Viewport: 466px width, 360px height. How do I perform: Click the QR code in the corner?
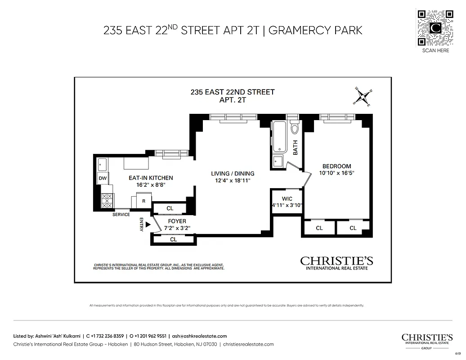click(x=435, y=27)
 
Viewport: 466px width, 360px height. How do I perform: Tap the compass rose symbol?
click(x=362, y=97)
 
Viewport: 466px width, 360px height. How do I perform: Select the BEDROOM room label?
click(x=336, y=166)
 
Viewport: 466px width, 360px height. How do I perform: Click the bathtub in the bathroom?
click(x=279, y=137)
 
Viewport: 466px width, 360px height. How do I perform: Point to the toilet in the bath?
click(x=295, y=128)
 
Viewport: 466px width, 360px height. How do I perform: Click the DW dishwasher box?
click(x=103, y=179)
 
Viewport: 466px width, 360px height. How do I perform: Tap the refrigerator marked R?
click(x=142, y=201)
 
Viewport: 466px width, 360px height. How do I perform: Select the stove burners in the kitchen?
click(x=107, y=201)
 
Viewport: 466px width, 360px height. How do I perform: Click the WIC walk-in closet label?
click(x=287, y=198)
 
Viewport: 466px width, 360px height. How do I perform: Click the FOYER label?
click(x=177, y=221)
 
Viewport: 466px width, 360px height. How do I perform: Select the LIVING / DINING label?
click(x=233, y=173)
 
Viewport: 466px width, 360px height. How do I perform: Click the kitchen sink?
click(x=102, y=164)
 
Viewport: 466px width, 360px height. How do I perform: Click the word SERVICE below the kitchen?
click(x=121, y=215)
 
